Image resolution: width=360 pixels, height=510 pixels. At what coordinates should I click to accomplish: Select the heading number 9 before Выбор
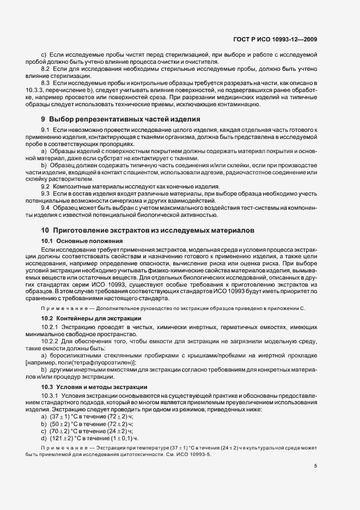[44, 118]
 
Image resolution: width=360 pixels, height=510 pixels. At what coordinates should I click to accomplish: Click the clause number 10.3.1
[50, 394]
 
